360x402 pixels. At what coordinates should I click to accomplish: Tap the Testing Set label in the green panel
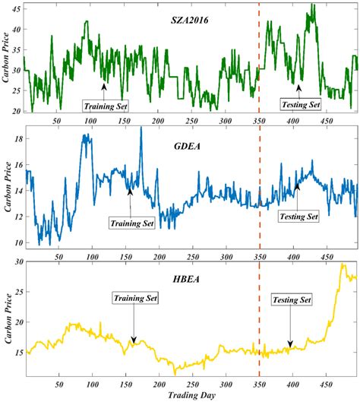point(301,103)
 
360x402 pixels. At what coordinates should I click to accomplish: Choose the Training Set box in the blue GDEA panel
point(132,223)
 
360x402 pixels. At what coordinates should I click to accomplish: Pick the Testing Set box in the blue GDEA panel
point(298,217)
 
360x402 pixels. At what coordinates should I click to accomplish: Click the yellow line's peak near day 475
point(343,264)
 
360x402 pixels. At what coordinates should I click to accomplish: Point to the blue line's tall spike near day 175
point(141,128)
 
